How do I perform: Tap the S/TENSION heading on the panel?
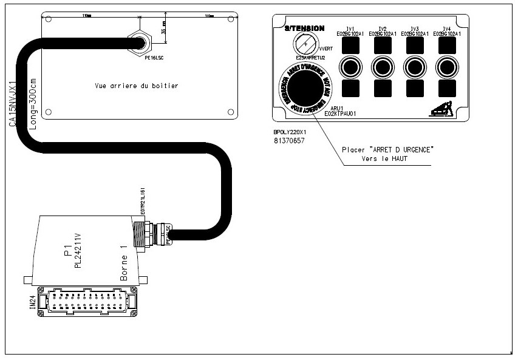[304, 29]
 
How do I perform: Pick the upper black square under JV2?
[382, 45]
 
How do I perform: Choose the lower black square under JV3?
[415, 89]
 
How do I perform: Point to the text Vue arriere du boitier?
[137, 86]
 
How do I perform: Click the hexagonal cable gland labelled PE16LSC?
[139, 43]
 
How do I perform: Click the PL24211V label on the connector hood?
[77, 250]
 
